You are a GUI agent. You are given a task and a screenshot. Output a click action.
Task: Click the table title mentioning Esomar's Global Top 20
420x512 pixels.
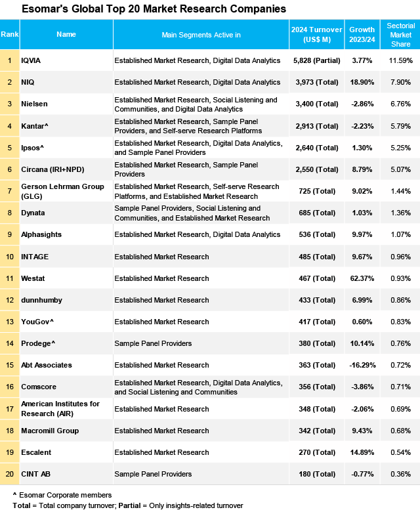[154, 9]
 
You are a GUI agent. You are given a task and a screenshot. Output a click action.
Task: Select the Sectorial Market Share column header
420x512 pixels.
[400, 34]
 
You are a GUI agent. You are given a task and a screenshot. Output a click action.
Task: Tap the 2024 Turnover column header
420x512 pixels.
[317, 34]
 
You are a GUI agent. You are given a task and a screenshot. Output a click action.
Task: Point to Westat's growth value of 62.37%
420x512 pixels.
[362, 278]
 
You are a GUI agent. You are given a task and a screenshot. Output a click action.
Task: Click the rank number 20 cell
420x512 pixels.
[10, 474]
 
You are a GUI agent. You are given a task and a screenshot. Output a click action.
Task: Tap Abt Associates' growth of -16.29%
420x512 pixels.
[362, 365]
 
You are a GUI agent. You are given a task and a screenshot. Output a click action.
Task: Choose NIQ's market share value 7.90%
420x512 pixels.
[400, 83]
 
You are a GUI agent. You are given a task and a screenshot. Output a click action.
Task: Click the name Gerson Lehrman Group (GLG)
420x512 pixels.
[62, 191]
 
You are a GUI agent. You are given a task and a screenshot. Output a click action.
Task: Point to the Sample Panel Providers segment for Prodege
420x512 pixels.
[153, 343]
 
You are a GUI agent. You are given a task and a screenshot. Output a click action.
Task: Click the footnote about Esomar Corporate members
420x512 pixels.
[62, 494]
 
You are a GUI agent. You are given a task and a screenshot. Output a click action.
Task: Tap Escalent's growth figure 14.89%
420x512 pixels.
[362, 452]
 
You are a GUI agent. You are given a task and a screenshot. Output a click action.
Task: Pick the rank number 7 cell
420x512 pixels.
[10, 191]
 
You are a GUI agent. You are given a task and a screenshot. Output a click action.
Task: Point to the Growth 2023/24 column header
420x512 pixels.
[362, 34]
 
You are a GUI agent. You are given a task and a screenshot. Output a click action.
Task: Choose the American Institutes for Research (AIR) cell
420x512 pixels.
[60, 409]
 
